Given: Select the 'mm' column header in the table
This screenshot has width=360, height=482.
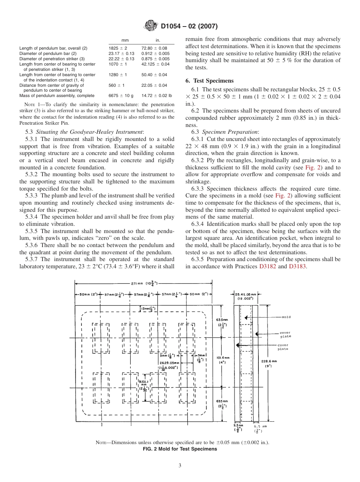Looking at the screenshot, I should pyautogui.click(x=125, y=40).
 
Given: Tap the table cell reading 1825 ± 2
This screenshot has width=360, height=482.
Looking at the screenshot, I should pyautogui.click(x=118, y=49).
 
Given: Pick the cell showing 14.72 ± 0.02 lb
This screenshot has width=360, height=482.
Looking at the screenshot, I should pyautogui.click(x=157, y=96).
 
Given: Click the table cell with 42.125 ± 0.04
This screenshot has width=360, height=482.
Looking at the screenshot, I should pyautogui.click(x=155, y=64).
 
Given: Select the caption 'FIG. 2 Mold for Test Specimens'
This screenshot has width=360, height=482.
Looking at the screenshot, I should pyautogui.click(x=180, y=449).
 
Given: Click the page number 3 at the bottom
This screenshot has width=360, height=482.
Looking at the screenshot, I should pyautogui.click(x=180, y=466).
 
